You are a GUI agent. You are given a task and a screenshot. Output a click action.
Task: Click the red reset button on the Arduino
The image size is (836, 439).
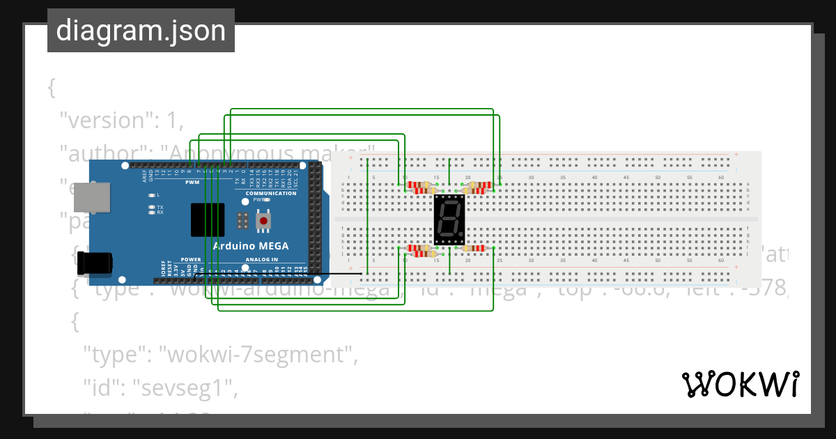[264, 222]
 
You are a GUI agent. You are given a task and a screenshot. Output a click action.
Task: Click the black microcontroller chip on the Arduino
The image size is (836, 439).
[208, 220]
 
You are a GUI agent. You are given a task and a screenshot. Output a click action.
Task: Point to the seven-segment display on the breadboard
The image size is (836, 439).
[449, 219]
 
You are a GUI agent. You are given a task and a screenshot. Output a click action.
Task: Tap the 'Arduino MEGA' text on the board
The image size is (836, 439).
[251, 247]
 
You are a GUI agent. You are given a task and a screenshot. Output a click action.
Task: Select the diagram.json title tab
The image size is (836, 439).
[141, 31]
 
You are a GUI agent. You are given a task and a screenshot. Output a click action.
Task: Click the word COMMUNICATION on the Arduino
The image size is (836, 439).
[270, 193]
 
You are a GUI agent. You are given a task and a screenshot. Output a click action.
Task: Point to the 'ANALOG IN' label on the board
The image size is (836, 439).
[261, 260]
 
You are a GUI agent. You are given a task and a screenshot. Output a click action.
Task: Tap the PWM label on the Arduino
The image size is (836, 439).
[192, 183]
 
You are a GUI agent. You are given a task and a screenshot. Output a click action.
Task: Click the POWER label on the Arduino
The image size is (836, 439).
[191, 260]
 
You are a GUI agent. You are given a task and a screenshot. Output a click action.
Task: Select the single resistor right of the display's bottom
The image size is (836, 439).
[474, 248]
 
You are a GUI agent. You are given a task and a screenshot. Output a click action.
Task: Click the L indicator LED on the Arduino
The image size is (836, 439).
[151, 195]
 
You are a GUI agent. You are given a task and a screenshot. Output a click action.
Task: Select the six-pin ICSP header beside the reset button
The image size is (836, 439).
[242, 221]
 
